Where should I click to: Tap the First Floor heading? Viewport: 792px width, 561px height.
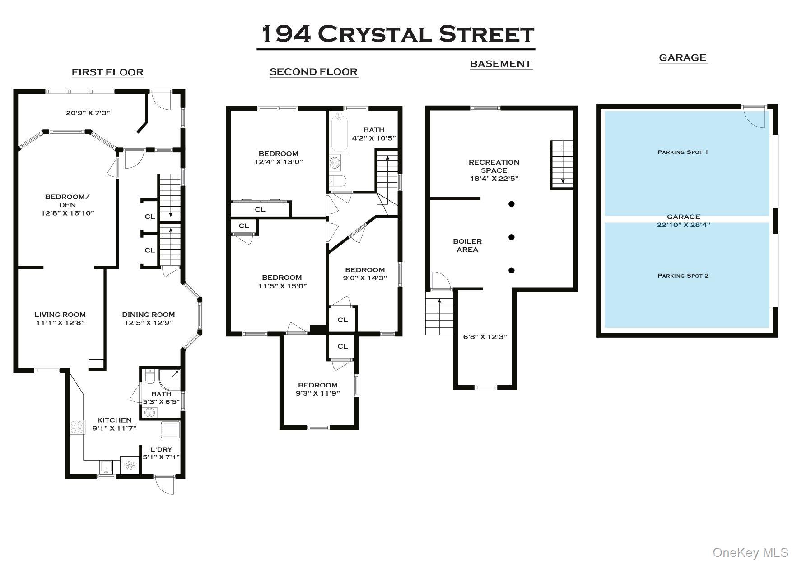tap(107, 72)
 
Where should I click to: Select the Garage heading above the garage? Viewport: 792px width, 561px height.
tap(682, 57)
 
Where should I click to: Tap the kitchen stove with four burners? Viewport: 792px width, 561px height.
tap(77, 427)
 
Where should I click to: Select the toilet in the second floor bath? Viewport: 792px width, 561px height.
tap(338, 181)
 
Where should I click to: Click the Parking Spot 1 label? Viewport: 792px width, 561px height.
tap(683, 152)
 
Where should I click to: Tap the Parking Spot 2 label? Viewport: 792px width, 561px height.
tap(683, 276)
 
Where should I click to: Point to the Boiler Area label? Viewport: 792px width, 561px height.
tap(467, 245)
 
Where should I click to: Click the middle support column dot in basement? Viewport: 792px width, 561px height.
tap(512, 237)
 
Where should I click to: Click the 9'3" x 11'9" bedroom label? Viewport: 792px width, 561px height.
tap(318, 389)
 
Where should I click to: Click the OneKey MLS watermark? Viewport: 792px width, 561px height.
tap(750, 552)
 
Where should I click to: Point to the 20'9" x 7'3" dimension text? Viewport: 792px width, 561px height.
tap(88, 113)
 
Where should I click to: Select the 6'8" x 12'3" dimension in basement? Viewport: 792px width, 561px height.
tap(485, 336)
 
